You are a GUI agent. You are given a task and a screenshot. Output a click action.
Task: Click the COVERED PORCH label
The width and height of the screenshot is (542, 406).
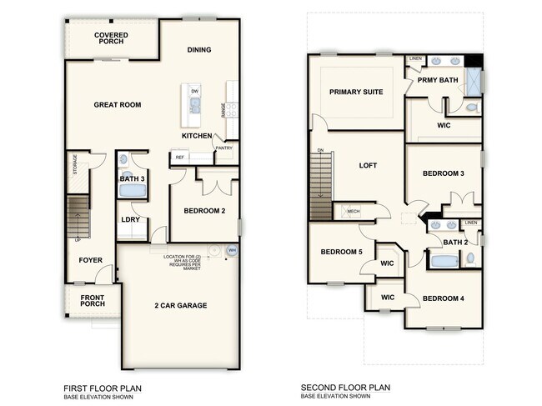[111, 39]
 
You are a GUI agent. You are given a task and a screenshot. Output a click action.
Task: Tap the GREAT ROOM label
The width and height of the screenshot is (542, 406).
[117, 105]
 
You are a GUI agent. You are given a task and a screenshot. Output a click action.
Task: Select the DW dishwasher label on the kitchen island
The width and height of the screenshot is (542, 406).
[194, 91]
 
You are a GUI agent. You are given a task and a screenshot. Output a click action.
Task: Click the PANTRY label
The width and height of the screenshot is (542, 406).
[223, 148]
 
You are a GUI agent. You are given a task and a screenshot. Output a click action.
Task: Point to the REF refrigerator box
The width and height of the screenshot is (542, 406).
[179, 156]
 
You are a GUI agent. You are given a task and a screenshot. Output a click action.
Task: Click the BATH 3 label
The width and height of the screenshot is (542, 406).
[132, 178]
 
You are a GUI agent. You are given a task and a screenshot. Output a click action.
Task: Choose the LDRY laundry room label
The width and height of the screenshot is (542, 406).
[130, 219]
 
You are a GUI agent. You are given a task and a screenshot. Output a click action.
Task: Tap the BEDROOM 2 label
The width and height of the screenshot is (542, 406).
[204, 211]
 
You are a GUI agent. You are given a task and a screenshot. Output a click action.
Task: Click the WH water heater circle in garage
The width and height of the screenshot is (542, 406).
[233, 250]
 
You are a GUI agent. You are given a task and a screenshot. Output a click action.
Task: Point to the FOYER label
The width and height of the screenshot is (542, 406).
[90, 260]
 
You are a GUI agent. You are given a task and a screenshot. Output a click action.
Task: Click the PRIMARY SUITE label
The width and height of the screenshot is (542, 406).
[356, 92]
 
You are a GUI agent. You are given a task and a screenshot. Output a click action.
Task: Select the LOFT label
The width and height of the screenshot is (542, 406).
[368, 165]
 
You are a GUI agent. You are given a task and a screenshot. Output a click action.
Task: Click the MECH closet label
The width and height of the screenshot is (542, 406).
[353, 212]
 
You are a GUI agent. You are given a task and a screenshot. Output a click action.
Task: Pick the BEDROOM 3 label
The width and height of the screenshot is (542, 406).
[444, 173]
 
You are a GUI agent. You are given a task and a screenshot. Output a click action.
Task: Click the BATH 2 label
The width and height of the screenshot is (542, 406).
[454, 242]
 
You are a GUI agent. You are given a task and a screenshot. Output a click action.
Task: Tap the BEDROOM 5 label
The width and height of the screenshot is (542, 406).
[341, 252]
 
